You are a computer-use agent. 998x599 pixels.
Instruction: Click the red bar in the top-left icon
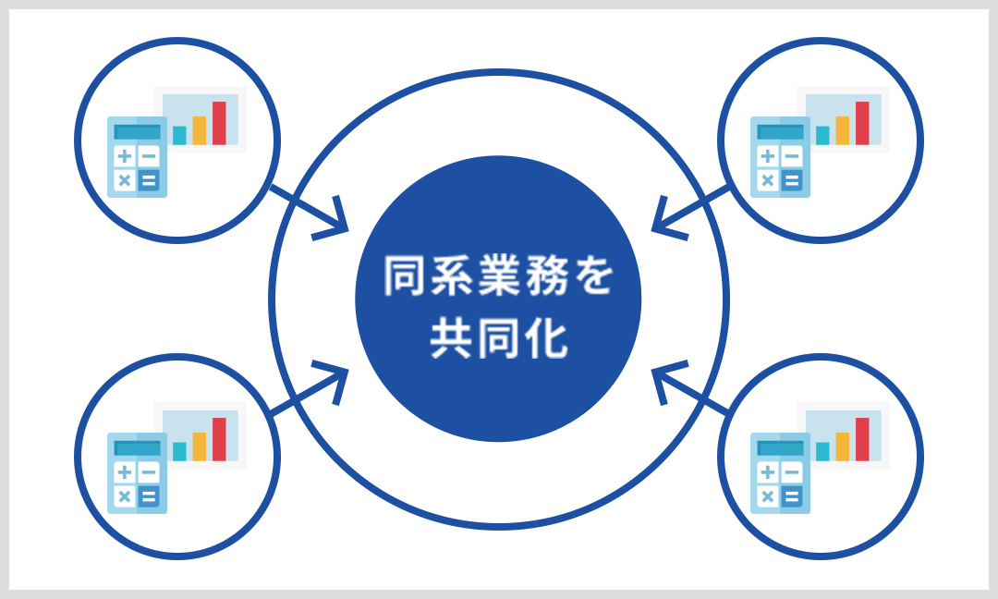[219, 123]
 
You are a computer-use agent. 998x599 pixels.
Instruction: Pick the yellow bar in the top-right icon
[842, 130]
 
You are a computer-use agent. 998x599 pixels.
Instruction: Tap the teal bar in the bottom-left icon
[179, 451]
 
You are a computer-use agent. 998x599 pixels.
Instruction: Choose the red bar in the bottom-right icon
[862, 439]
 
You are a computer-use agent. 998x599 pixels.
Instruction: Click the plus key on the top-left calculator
[124, 156]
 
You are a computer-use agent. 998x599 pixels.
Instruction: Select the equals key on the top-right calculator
[790, 180]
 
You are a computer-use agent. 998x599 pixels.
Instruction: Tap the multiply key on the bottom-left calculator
[124, 496]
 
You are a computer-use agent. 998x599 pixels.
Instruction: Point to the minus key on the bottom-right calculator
[790, 472]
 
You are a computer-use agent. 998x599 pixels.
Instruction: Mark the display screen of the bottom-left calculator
[136, 448]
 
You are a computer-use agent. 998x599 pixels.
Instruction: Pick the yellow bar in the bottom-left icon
[199, 446]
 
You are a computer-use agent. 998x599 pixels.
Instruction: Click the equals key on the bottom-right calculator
[790, 496]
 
